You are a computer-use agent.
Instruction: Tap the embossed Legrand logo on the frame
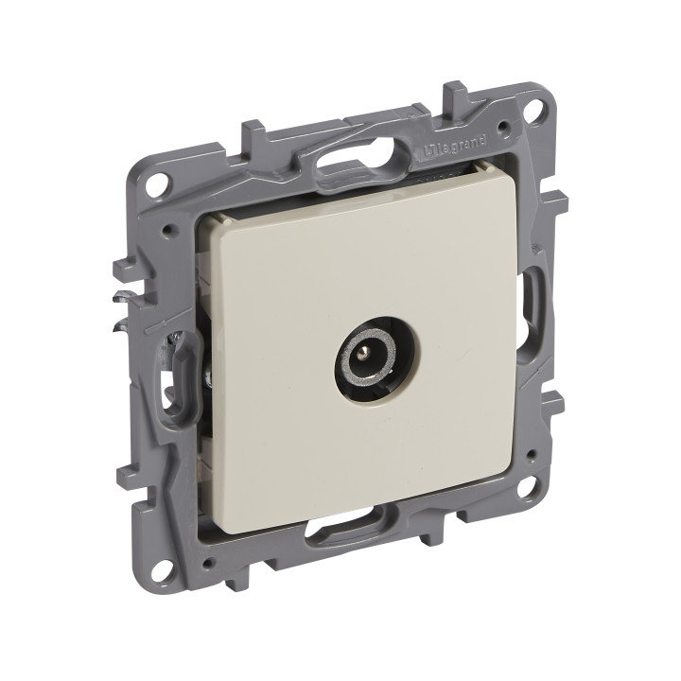(x=454, y=148)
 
